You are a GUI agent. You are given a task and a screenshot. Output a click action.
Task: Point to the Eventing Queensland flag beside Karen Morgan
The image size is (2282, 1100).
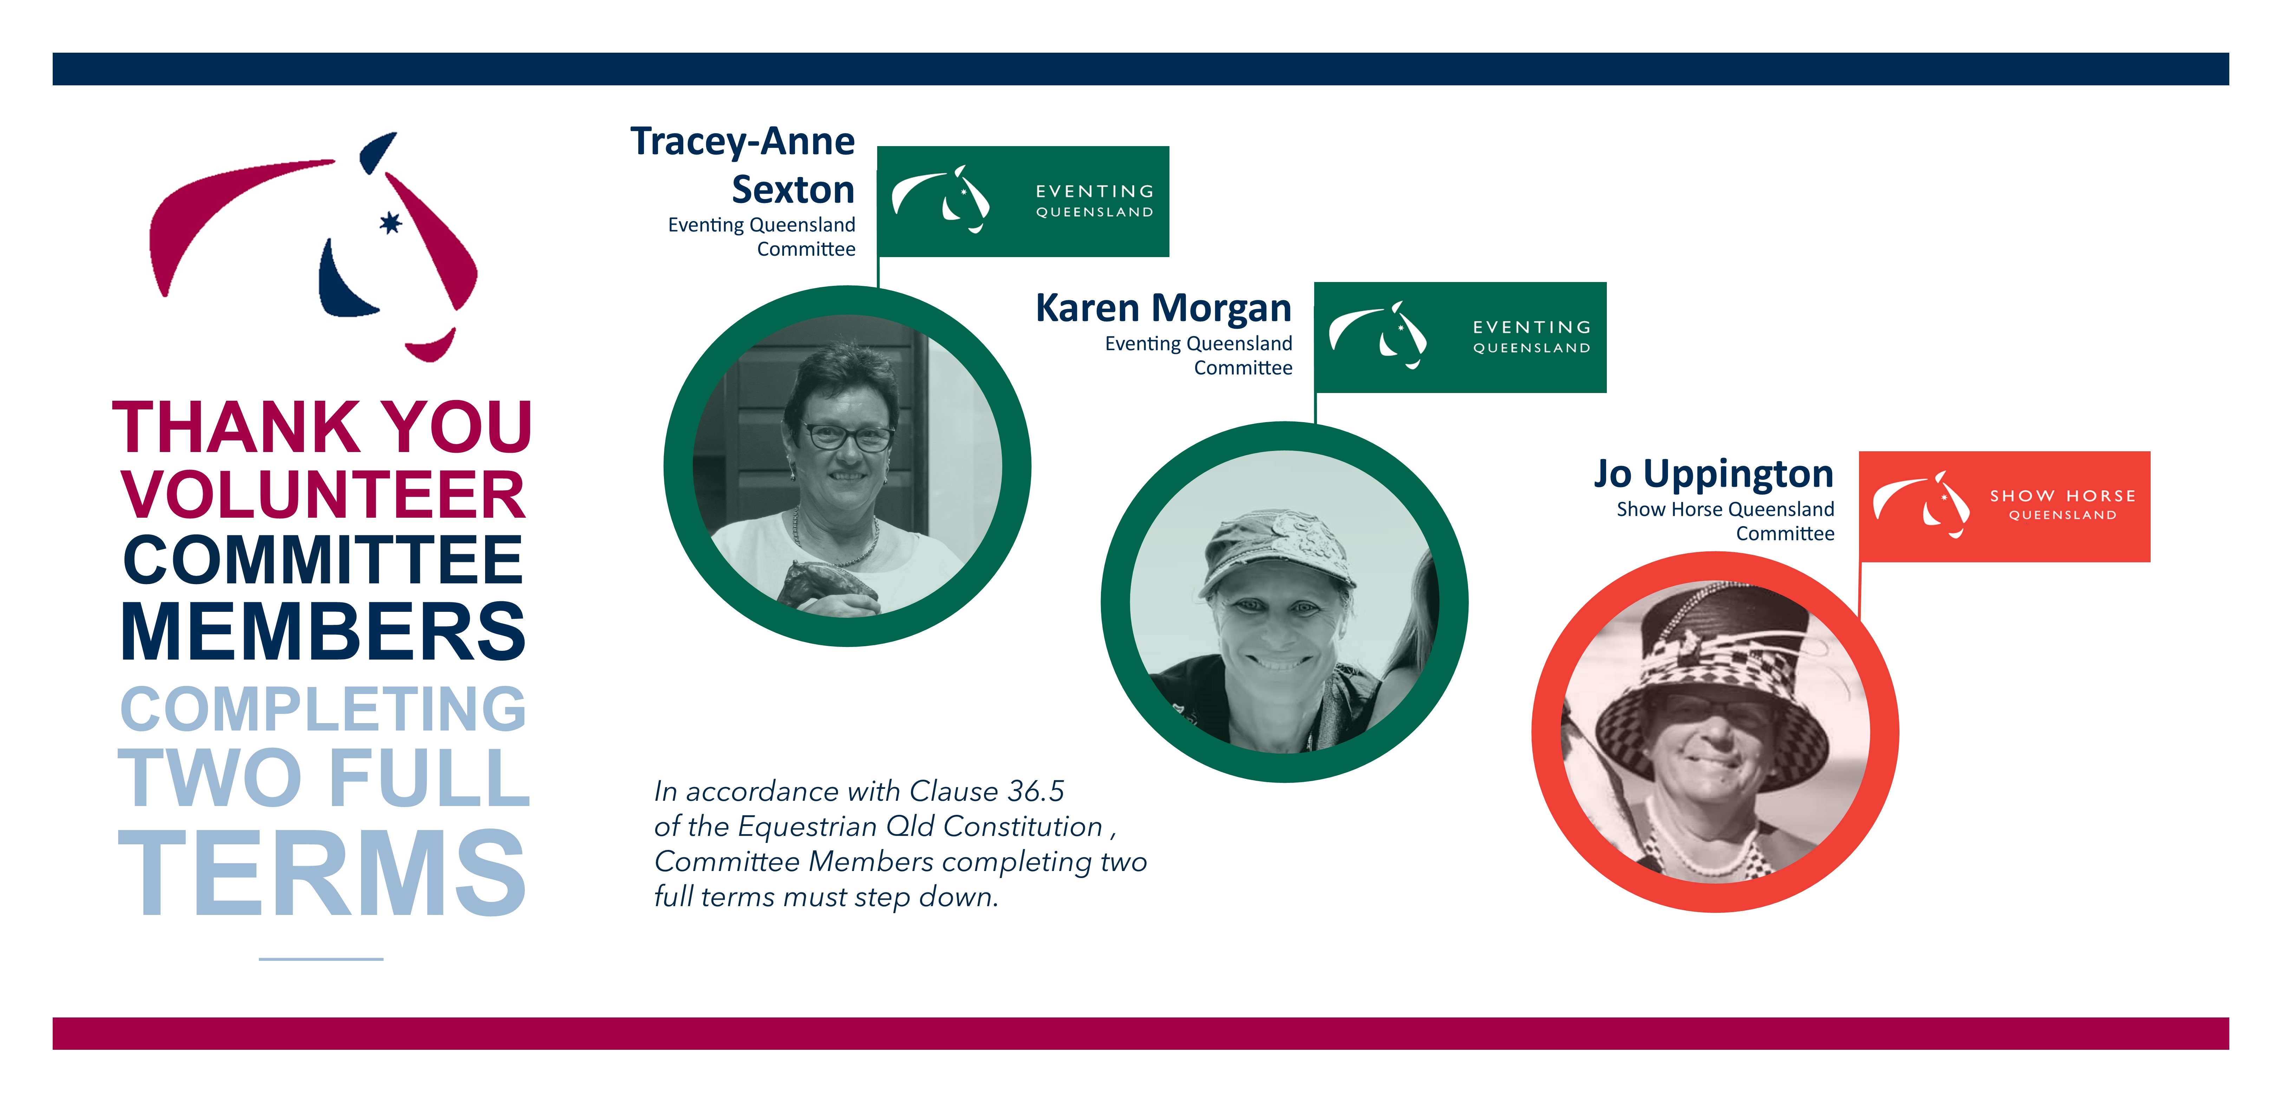point(1460,338)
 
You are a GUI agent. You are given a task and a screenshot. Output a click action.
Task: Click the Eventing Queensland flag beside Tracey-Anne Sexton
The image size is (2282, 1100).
point(1023,202)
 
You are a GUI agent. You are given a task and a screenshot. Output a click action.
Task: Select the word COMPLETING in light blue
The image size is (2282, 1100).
point(323,708)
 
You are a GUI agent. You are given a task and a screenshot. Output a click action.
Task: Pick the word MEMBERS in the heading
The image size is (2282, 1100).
point(323,630)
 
